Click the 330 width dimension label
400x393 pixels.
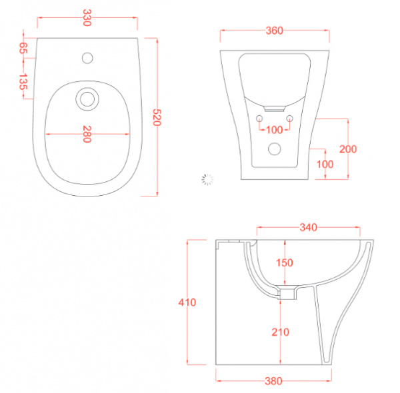(87, 18)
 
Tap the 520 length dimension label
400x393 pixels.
(157, 117)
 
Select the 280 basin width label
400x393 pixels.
(87, 134)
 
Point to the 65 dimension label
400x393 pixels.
(23, 48)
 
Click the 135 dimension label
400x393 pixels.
(23, 81)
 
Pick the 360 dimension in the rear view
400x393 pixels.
(275, 31)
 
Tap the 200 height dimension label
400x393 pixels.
(348, 149)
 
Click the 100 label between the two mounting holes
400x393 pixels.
(275, 130)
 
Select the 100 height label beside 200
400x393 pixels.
(325, 165)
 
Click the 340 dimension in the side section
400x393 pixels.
(309, 227)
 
